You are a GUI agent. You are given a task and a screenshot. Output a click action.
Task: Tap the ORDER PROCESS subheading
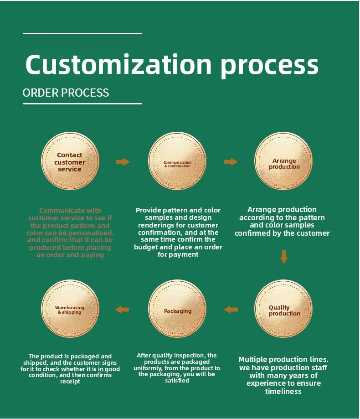pyautogui.click(x=66, y=93)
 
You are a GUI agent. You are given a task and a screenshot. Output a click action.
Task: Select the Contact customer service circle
pyautogui.click(x=70, y=162)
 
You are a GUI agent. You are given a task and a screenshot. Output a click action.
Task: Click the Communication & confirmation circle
pyautogui.click(x=177, y=164)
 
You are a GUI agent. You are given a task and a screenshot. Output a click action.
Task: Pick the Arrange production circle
pyautogui.click(x=284, y=163)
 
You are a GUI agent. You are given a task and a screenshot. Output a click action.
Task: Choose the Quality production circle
pyautogui.click(x=284, y=310)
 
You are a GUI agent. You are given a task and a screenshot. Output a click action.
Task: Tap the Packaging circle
pyautogui.click(x=177, y=310)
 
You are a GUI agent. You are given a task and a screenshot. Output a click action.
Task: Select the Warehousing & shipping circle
pyautogui.click(x=70, y=310)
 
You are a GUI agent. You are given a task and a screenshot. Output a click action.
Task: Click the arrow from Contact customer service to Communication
pyautogui.click(x=123, y=162)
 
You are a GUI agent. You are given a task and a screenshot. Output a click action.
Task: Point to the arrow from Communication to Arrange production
pyautogui.click(x=231, y=162)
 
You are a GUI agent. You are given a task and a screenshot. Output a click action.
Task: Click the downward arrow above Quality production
pyautogui.click(x=284, y=256)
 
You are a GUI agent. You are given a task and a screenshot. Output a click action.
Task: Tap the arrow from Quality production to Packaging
pyautogui.click(x=231, y=310)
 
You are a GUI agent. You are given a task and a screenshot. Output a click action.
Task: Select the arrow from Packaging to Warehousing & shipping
pyautogui.click(x=122, y=310)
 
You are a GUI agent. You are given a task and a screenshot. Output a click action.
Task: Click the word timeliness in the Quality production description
pyautogui.click(x=283, y=391)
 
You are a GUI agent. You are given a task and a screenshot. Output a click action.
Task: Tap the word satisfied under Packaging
pyautogui.click(x=177, y=380)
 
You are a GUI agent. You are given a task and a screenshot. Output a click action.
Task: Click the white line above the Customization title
pyautogui.click(x=82, y=33)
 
